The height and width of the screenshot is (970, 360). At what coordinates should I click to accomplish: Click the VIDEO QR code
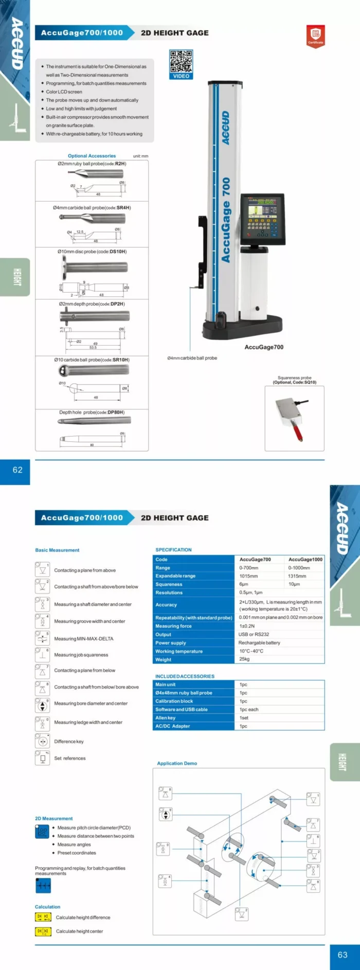(x=181, y=62)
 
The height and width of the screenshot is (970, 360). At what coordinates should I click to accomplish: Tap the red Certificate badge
(x=315, y=35)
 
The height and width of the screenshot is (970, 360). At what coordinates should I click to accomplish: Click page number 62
(x=17, y=470)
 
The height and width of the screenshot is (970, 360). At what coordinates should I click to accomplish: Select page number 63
(x=343, y=955)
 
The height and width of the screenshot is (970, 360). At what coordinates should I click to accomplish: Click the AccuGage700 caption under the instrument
(x=264, y=347)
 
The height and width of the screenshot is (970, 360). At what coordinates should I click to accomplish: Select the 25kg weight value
(x=244, y=659)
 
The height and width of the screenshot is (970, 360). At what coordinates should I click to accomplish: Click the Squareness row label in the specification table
(x=169, y=584)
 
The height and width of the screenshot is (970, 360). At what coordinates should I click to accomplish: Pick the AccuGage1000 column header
(x=305, y=560)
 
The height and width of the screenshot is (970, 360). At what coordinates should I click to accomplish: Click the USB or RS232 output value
(x=254, y=634)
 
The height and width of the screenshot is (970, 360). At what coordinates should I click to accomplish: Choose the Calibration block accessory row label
(x=174, y=701)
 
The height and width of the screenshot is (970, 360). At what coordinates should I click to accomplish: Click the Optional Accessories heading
(x=92, y=156)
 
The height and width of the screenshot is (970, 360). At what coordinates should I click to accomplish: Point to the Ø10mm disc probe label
(x=92, y=252)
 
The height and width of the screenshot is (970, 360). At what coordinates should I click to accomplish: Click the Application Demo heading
(x=177, y=763)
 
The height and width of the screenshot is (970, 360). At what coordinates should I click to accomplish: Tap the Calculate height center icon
(x=43, y=931)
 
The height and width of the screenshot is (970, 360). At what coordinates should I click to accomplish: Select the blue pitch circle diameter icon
(x=42, y=832)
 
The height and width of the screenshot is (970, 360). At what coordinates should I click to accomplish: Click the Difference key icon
(x=42, y=741)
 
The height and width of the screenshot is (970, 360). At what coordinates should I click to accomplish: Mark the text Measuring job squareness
(x=81, y=655)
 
